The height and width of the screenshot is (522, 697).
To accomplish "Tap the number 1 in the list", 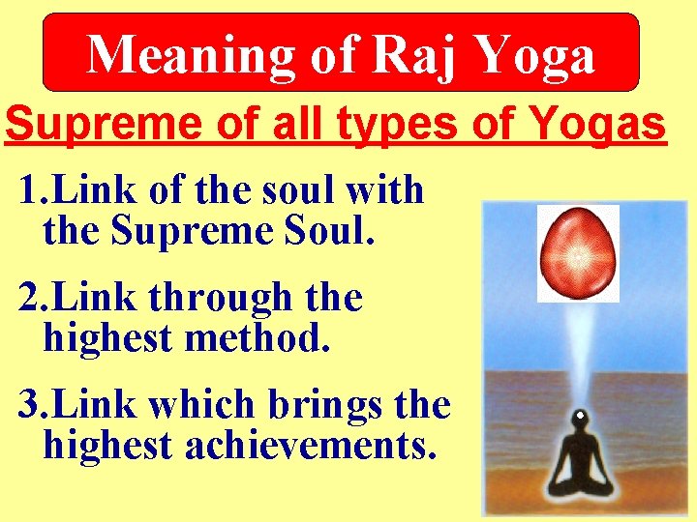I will point(27,190).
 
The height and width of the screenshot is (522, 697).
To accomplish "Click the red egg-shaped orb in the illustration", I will point(578,252).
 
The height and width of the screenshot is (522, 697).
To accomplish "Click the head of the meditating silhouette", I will point(579,421).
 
